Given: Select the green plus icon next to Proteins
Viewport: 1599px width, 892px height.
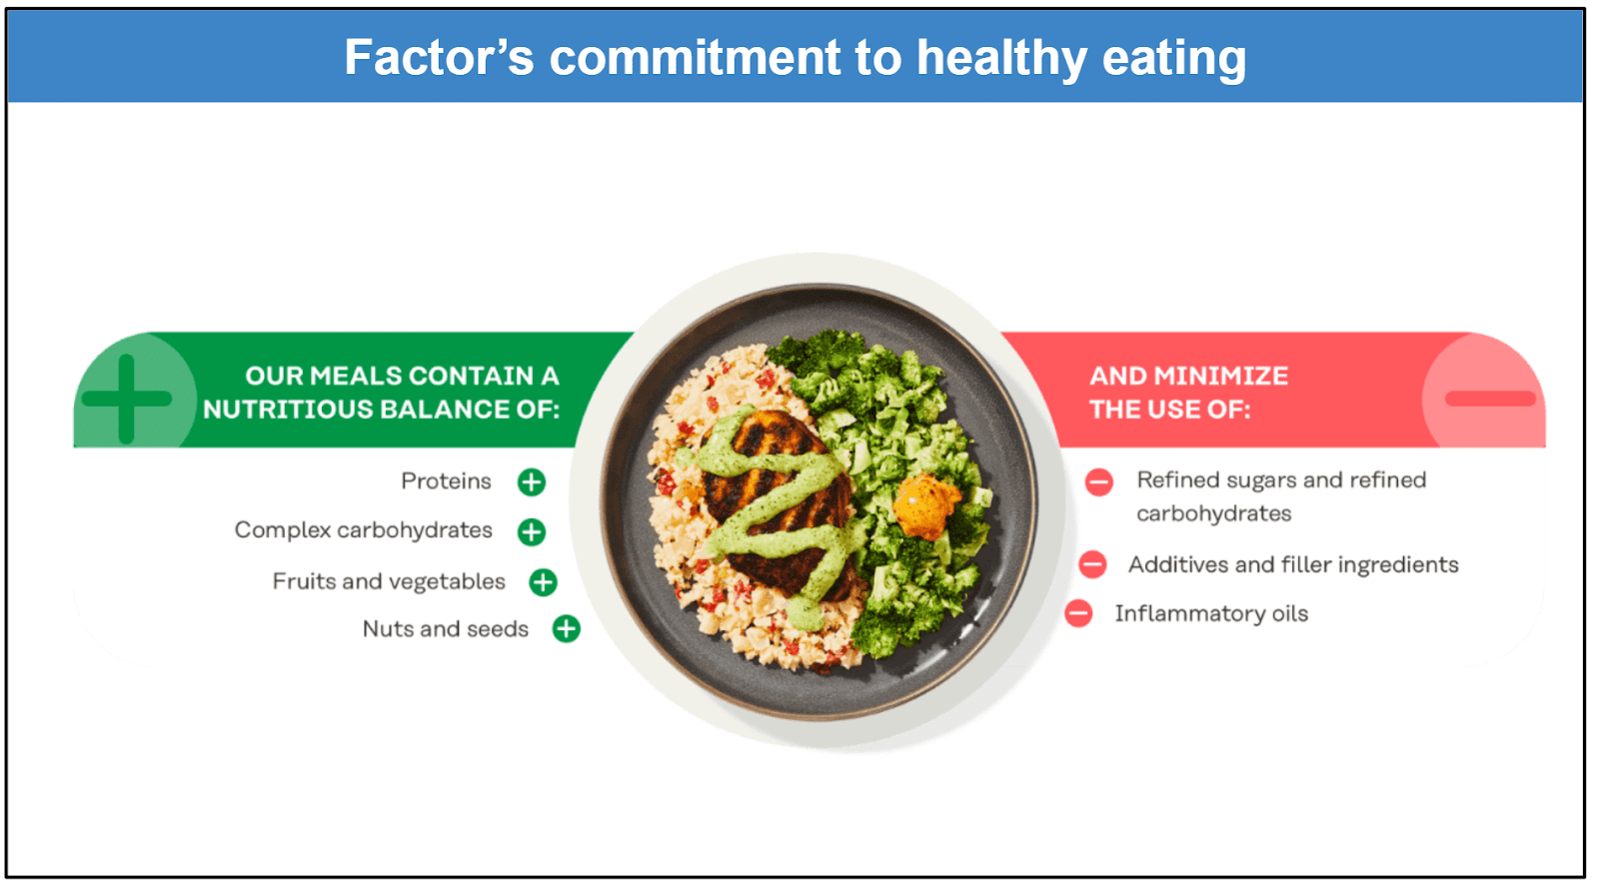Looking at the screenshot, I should (532, 482).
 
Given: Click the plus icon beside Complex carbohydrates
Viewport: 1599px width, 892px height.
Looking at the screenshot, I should (532, 531).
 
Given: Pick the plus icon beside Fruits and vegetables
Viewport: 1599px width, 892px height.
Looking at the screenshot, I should (543, 581).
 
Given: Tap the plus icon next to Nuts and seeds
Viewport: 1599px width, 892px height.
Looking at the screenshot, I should (567, 628).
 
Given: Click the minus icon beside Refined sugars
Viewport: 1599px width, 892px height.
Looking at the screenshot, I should (1098, 482).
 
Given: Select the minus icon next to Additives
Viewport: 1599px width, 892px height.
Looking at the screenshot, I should (1092, 564).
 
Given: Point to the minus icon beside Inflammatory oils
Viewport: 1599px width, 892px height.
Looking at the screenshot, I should (1078, 613).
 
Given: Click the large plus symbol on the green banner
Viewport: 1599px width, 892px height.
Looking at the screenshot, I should (126, 399).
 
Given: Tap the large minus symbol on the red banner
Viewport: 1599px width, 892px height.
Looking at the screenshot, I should (1490, 399).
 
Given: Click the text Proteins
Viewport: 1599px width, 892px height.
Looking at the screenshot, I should (446, 481).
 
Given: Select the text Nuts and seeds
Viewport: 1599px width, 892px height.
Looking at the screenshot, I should (445, 629).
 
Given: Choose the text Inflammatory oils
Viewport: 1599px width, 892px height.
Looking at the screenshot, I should (1211, 613).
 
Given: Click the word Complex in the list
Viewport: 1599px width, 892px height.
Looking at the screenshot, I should (283, 530).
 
